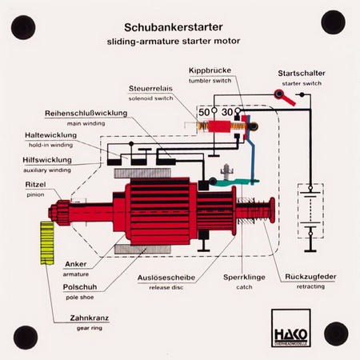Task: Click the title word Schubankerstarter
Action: tap(174, 27)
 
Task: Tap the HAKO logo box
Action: tap(291, 328)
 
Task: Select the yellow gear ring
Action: tap(47, 242)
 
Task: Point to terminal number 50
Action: tap(204, 112)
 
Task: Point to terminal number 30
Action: tap(227, 112)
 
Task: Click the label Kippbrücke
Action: tap(210, 70)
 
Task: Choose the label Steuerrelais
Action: tap(150, 88)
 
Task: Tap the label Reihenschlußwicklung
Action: tap(86, 113)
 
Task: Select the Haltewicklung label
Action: tap(50, 135)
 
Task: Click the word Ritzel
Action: tap(35, 184)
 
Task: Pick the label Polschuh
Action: tap(80, 287)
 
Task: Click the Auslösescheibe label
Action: tap(166, 278)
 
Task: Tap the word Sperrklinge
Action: tap(244, 277)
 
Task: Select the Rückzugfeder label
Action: tap(310, 277)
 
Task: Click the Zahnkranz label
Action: tap(90, 318)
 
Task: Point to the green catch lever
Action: tap(234, 182)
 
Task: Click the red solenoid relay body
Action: tap(219, 126)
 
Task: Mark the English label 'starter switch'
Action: tap(302, 83)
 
